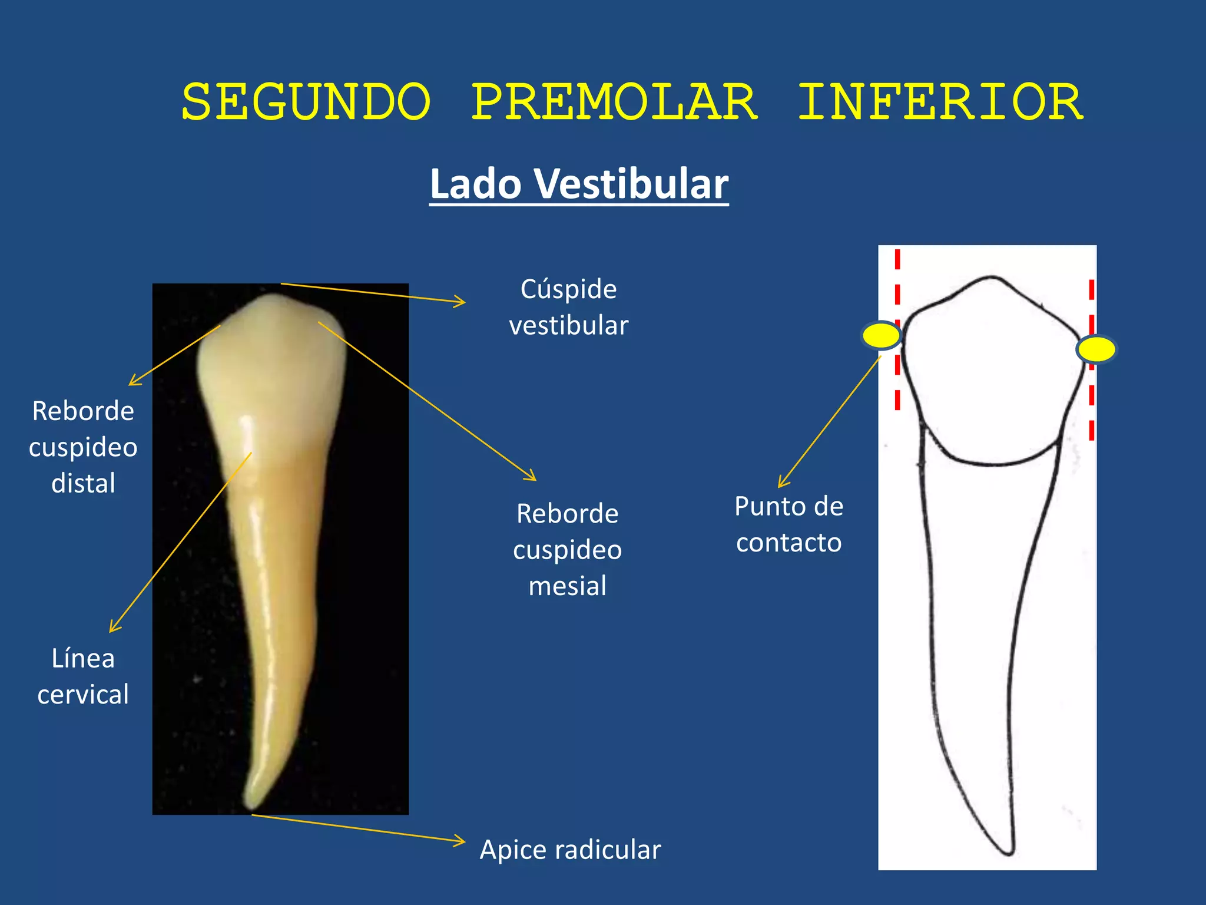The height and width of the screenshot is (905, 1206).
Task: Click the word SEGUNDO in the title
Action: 306,103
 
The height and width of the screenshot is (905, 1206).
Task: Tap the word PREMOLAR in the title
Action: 614,103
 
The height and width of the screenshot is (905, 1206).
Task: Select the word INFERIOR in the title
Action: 940,103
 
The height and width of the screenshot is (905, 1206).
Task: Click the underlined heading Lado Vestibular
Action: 579,184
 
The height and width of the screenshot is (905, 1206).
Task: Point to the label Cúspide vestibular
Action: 568,307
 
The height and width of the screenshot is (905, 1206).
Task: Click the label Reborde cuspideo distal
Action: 83,447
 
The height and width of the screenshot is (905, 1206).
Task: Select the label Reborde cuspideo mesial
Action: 567,549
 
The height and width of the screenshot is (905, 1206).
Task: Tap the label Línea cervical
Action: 83,676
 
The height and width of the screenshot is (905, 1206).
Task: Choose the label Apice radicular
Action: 570,850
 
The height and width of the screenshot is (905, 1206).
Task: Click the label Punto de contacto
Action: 788,524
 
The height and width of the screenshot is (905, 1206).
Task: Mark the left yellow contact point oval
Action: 881,336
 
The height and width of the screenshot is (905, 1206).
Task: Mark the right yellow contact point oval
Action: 1096,349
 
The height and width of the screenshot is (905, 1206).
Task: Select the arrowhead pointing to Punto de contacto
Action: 781,484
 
